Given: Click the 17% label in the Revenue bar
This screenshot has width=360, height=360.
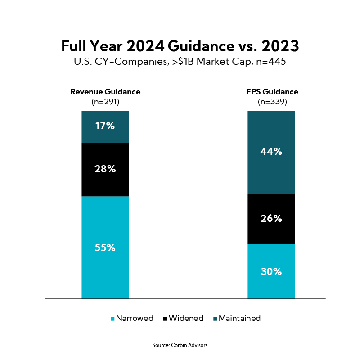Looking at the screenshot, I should tap(105, 126).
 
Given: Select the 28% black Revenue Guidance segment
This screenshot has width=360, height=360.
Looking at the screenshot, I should tap(105, 169).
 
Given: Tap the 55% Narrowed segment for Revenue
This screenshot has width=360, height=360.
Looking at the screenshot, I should tap(105, 247).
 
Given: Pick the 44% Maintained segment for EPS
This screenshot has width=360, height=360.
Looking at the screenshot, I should tap(271, 152).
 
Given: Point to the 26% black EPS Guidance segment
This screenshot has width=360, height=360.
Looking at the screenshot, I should tap(271, 219).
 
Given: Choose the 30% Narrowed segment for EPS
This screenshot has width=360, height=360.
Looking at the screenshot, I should tap(271, 271).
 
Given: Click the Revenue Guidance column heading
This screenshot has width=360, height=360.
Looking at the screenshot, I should tap(105, 92).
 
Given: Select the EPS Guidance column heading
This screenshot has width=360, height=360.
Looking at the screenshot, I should tap(272, 92).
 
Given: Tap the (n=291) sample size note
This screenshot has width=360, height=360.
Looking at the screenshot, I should tap(105, 102).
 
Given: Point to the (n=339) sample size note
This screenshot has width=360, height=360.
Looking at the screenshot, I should tap(272, 102).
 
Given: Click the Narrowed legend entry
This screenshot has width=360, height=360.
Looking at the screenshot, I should tap(135, 318).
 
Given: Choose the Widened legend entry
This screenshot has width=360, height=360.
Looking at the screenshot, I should tap(185, 318).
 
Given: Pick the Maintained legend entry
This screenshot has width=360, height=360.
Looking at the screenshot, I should tap(239, 318).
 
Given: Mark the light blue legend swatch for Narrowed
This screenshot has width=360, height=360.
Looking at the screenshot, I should tap(112, 319).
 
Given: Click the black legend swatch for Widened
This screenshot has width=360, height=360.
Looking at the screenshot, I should tap(165, 319).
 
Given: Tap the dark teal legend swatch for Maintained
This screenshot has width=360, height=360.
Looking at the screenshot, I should tap(215, 319).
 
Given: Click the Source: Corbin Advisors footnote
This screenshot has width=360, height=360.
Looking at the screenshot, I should tap(180, 345).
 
